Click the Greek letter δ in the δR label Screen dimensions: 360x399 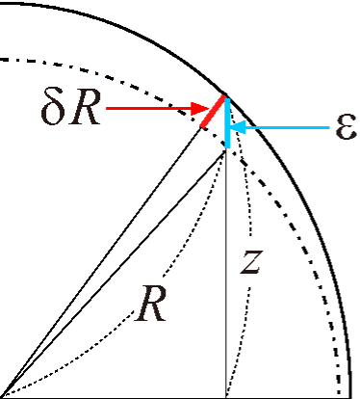coord(54,109)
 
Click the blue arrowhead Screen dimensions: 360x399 coord(237,126)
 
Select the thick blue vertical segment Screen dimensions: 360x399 coord(226,120)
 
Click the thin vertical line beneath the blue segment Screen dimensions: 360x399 coord(226,289)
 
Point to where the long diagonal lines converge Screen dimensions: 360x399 coord(3,393)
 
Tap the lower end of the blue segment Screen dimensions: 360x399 coord(226,146)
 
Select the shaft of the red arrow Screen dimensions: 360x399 coord(144,108)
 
